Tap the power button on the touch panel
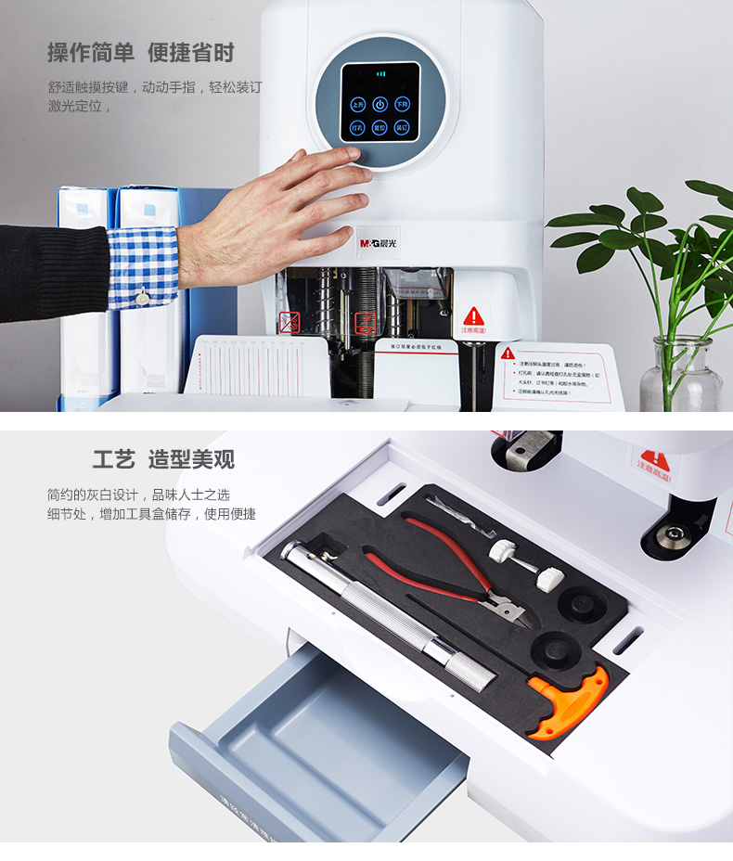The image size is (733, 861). (x=380, y=105)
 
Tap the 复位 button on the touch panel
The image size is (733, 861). (x=380, y=128)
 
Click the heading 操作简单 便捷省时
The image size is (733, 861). (x=141, y=53)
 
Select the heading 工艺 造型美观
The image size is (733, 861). (x=163, y=459)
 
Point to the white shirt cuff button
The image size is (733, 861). (x=143, y=298)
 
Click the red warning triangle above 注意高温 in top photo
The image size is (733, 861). (x=474, y=315)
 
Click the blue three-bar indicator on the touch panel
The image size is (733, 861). (x=380, y=73)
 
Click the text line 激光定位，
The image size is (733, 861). (x=80, y=107)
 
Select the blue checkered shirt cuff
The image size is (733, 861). (x=143, y=266)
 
